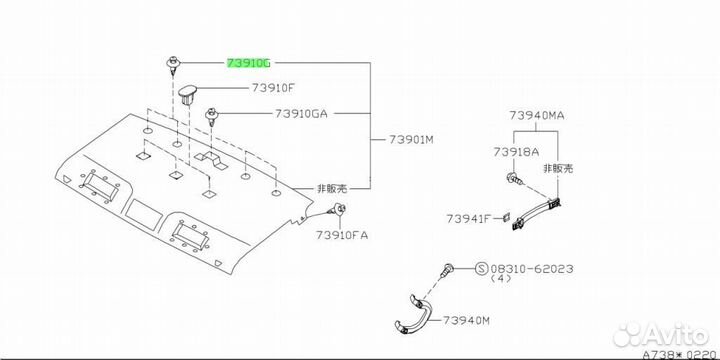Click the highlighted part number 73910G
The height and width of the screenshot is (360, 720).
[249, 63]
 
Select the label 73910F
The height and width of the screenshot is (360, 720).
[273, 88]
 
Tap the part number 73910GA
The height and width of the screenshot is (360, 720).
[301, 113]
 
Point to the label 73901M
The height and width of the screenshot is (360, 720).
[411, 139]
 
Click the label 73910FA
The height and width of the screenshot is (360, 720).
[342, 236]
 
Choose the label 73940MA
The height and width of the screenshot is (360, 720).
[536, 116]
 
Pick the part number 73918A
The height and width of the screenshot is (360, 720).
[517, 152]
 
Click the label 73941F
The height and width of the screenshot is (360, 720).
[469, 219]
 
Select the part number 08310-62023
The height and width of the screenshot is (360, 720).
[532, 269]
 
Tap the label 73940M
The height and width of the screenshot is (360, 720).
[466, 321]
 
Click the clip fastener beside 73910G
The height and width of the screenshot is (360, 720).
[172, 65]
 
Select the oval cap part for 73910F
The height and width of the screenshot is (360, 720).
[189, 94]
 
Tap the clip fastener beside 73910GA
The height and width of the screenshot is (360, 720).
[211, 116]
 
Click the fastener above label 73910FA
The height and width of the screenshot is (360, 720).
[338, 210]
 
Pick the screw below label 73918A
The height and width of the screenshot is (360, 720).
[514, 180]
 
